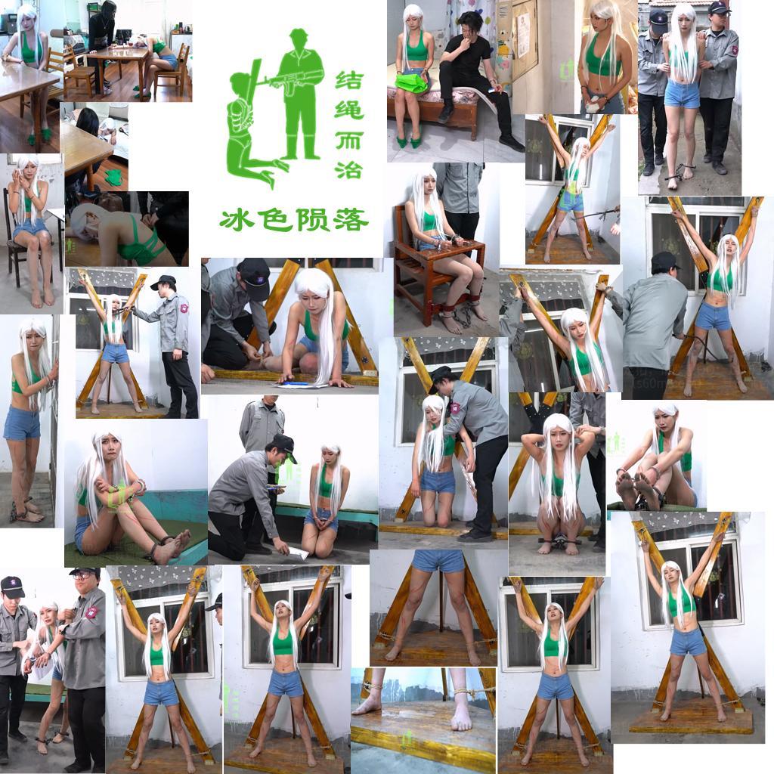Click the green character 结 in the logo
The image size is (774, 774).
[349, 80]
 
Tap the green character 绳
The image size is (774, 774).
[349, 110]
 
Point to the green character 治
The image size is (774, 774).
[349, 169]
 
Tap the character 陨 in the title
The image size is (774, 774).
[312, 220]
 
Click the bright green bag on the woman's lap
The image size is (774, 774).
[410, 82]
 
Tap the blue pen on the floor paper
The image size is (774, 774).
[296, 382]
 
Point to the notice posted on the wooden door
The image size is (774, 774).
[523, 29]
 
